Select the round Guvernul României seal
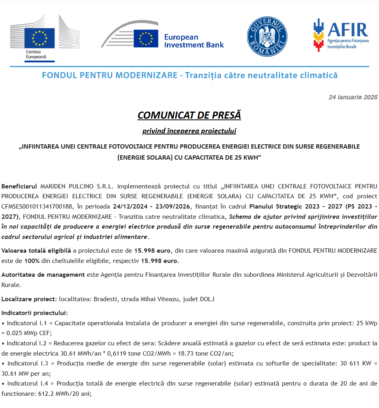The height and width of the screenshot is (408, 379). click(267, 37)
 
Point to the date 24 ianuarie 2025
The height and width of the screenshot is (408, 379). click(353, 97)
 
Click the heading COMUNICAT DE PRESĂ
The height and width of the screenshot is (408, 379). click(189, 115)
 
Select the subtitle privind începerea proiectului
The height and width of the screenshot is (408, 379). click(189, 131)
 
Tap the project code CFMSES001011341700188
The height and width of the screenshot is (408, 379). click(38, 206)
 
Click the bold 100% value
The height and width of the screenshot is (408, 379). click(32, 261)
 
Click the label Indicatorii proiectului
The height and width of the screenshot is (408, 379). click(35, 313)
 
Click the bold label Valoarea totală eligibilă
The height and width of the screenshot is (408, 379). click(36, 251)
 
